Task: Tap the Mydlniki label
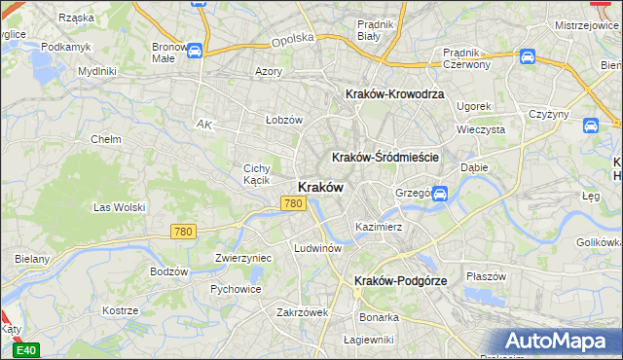click(x=96, y=71)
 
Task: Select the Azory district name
click(x=268, y=71)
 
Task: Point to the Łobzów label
click(x=284, y=120)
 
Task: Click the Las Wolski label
click(x=119, y=207)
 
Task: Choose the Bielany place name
click(x=32, y=260)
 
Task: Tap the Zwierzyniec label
click(x=242, y=258)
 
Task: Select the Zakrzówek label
click(x=303, y=312)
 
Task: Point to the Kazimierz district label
click(x=379, y=227)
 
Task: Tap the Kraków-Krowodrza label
click(x=394, y=94)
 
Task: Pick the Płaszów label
click(x=487, y=275)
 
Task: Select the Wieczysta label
click(x=481, y=128)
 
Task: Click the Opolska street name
click(x=293, y=38)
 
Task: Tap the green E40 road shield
click(x=27, y=350)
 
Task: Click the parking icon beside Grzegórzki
click(x=439, y=194)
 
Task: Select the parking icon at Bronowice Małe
click(x=194, y=51)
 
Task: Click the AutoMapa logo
click(x=559, y=341)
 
